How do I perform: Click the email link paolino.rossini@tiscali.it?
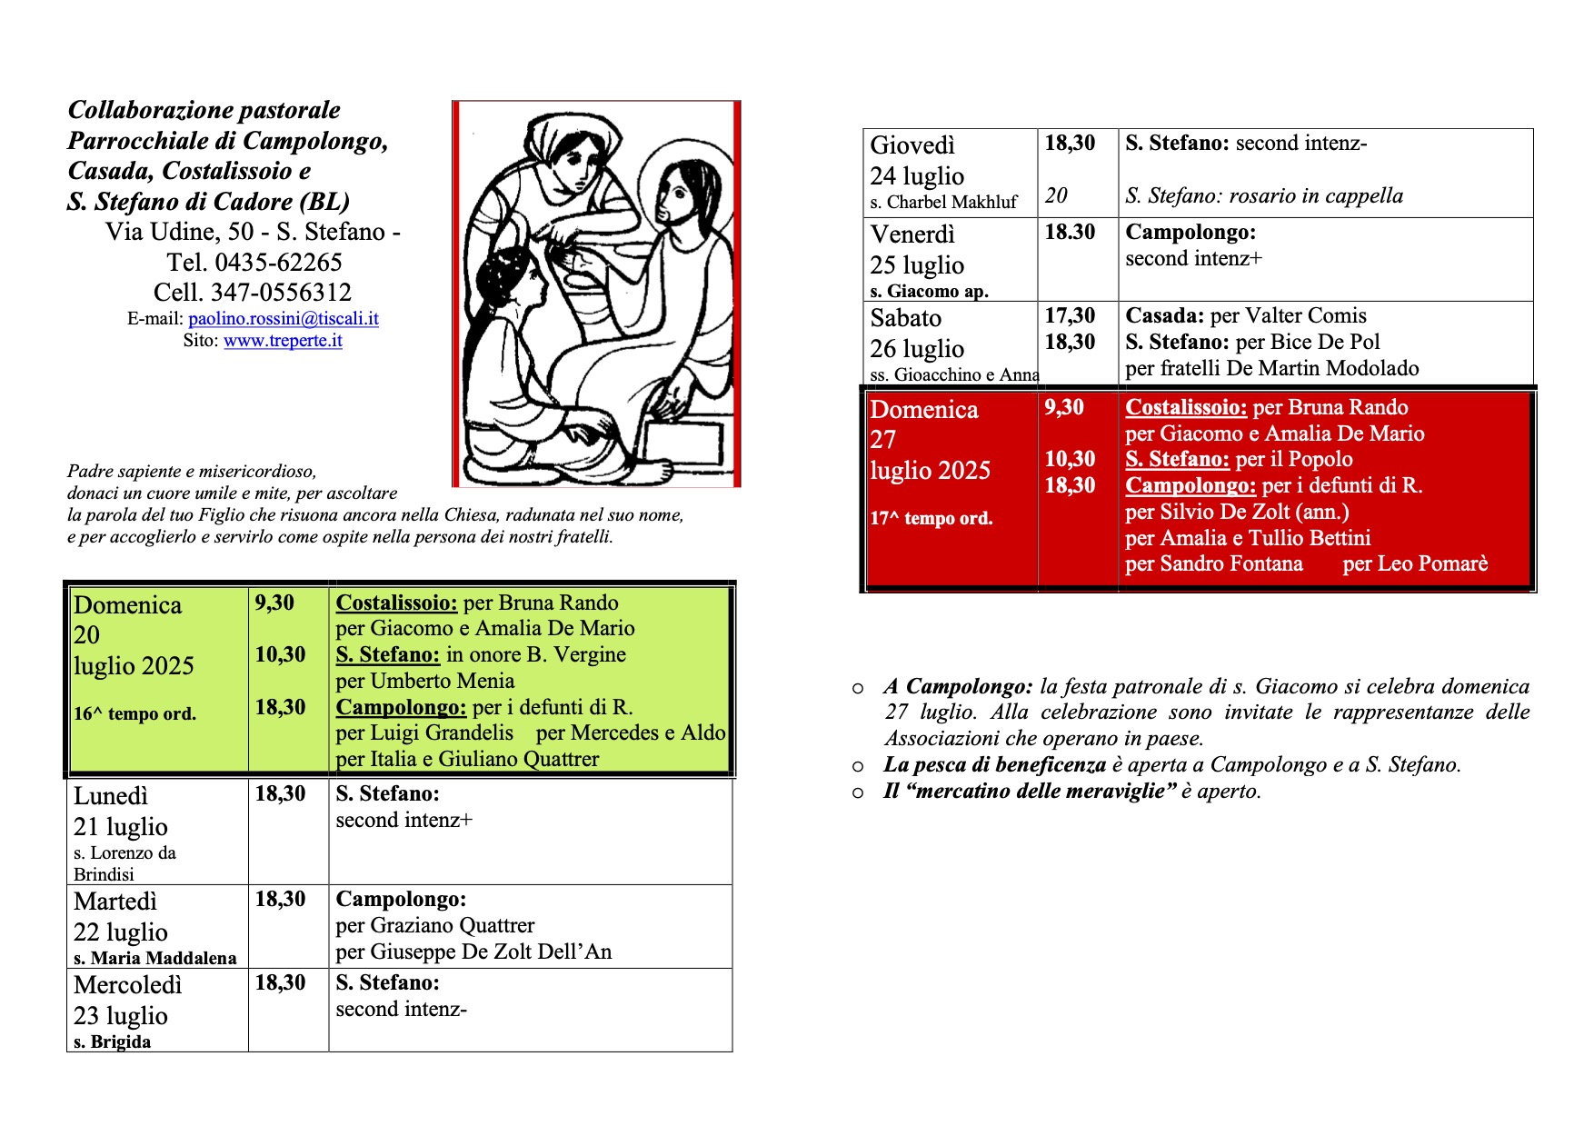(283, 319)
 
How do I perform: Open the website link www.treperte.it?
(283, 341)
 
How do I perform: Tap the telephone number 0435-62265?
(278, 263)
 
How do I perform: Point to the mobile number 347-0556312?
(281, 293)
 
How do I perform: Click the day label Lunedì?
(110, 796)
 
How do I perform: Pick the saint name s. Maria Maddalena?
(154, 958)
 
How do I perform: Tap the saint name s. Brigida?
(113, 1041)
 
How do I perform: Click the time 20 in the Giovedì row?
(1056, 195)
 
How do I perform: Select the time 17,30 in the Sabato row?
(1070, 316)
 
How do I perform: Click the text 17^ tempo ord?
(931, 519)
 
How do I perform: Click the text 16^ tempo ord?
(134, 714)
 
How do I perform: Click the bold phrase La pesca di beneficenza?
(994, 765)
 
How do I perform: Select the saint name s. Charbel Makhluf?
(943, 203)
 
